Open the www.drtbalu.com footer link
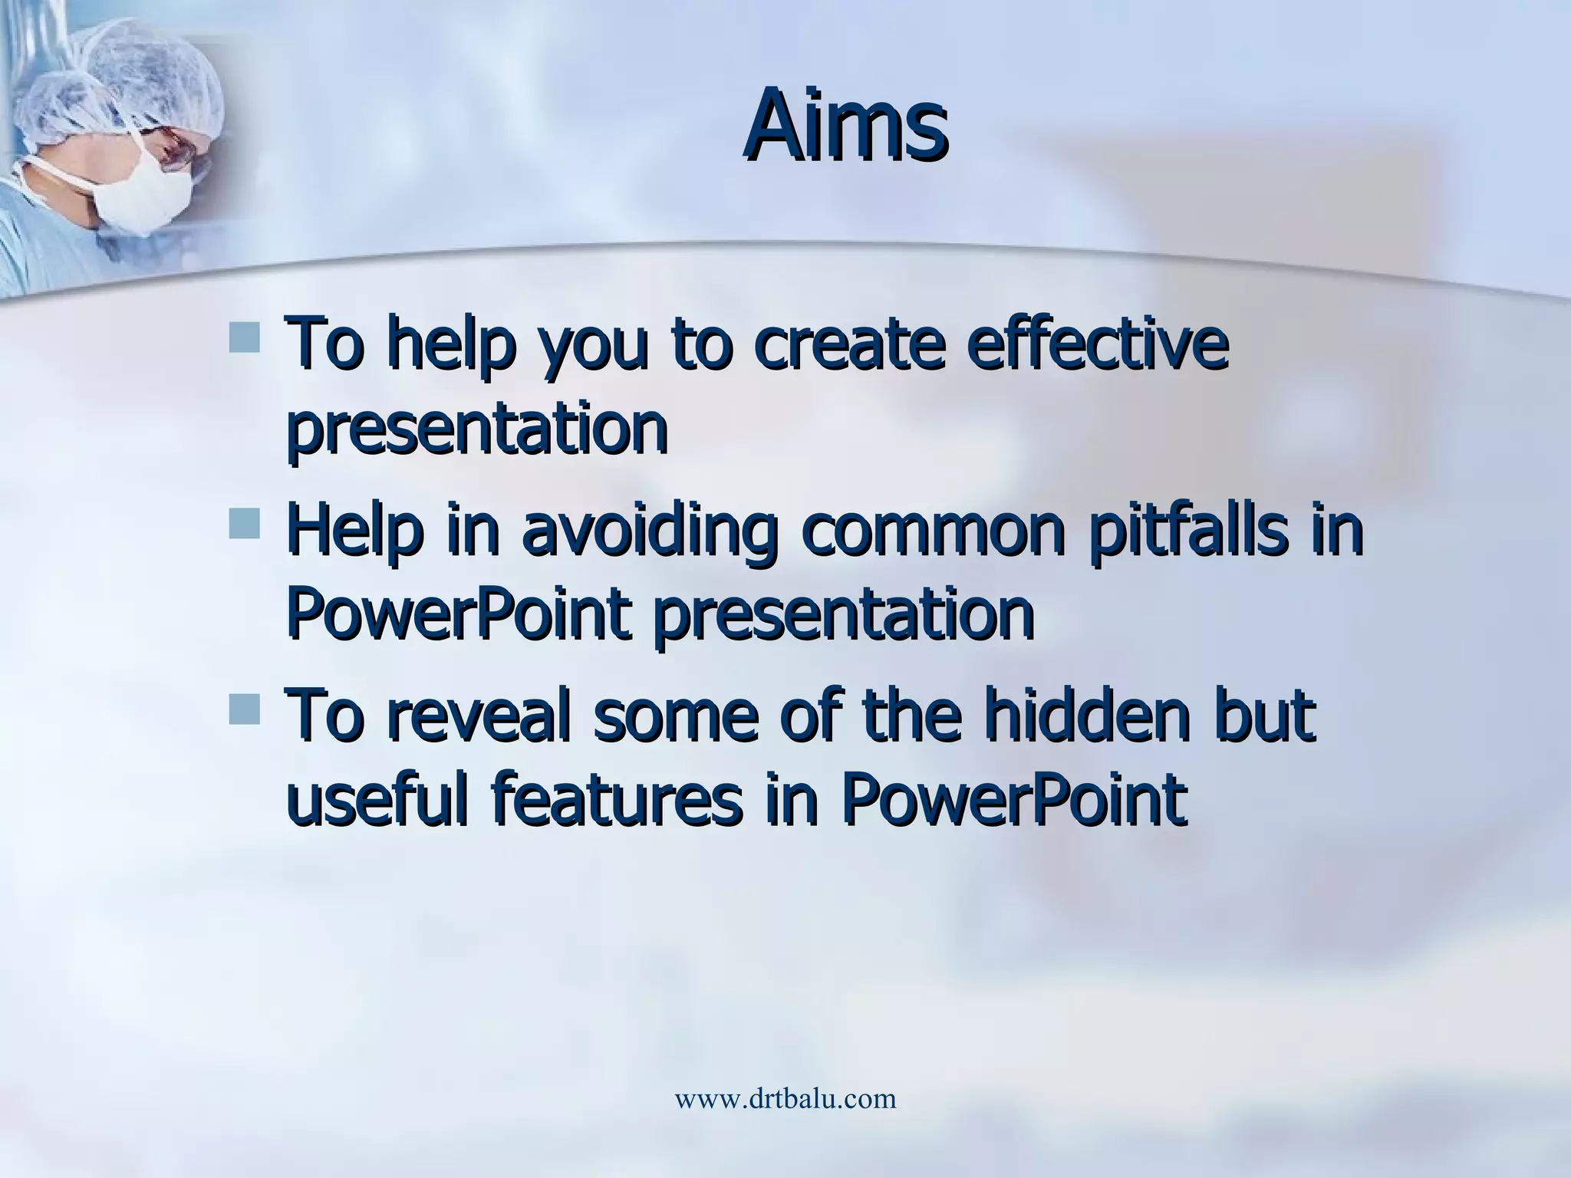[x=785, y=1098]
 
